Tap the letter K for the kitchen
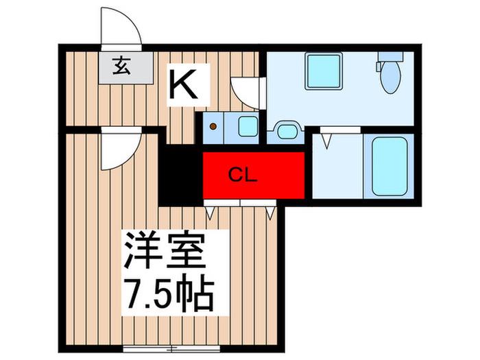click(183, 84)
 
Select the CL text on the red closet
click(243, 176)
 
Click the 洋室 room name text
click(165, 250)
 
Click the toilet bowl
click(390, 77)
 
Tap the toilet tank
click(390, 57)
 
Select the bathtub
click(389, 166)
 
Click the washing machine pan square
click(323, 71)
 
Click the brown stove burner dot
click(213, 126)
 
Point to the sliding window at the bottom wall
click(171, 348)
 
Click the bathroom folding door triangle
click(326, 141)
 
